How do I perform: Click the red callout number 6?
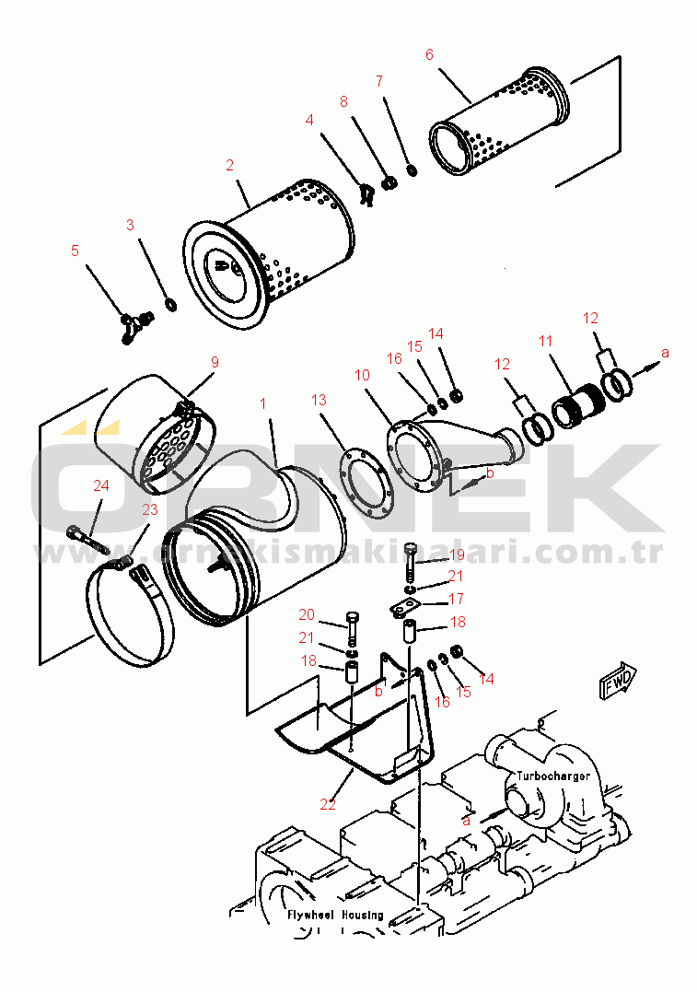pyautogui.click(x=429, y=55)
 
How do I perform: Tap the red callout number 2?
pyautogui.click(x=229, y=165)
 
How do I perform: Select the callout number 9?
pyautogui.click(x=215, y=362)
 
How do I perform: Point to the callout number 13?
pyautogui.click(x=319, y=400)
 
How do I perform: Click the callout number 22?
pyautogui.click(x=328, y=804)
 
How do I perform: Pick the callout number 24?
pyautogui.click(x=101, y=485)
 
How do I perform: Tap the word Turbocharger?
pyautogui.click(x=552, y=776)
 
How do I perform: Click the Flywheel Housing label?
pyautogui.click(x=335, y=915)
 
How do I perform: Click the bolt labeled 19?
pyautogui.click(x=411, y=563)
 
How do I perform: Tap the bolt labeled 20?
pyautogui.click(x=353, y=628)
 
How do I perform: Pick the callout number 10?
pyautogui.click(x=362, y=375)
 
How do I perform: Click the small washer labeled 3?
pyautogui.click(x=170, y=305)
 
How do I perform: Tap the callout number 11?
pyautogui.click(x=545, y=342)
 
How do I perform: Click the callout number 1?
pyautogui.click(x=263, y=403)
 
